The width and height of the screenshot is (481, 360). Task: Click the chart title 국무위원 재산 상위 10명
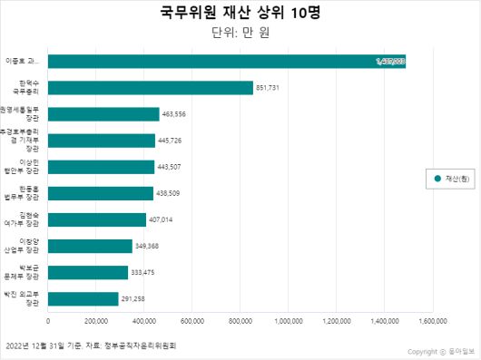click(x=240, y=14)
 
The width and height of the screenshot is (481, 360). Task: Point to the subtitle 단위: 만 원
click(x=240, y=34)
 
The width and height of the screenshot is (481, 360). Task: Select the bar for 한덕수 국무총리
click(x=151, y=88)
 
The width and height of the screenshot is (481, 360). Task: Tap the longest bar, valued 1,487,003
click(x=227, y=62)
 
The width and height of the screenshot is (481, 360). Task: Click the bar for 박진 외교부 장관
click(x=83, y=299)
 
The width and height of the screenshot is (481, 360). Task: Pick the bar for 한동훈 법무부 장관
click(x=101, y=193)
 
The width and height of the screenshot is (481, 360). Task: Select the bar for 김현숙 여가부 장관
click(x=97, y=219)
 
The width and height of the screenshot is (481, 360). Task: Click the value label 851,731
click(x=272, y=88)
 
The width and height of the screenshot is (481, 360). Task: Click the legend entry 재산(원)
click(x=448, y=180)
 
